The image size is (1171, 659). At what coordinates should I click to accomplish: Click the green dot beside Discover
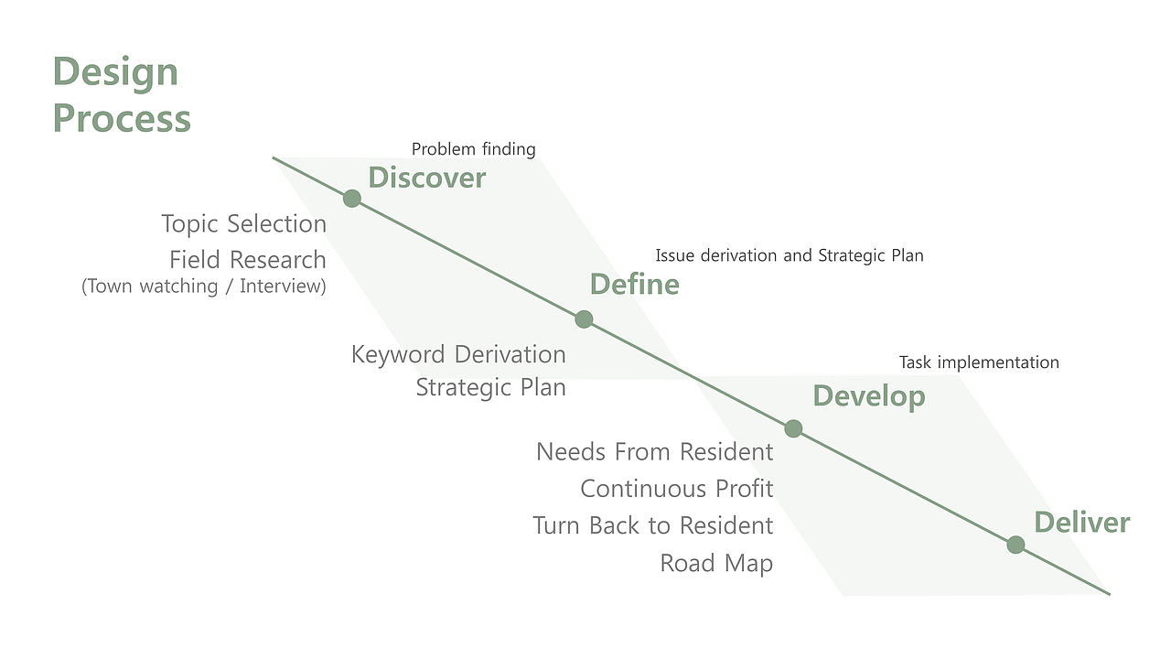click(352, 199)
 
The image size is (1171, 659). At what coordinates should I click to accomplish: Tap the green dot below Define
click(584, 319)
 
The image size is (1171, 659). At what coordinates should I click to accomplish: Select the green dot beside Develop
click(793, 428)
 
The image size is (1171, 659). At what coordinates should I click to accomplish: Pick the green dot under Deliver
click(1015, 545)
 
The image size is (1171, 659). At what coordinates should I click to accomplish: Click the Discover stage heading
click(427, 178)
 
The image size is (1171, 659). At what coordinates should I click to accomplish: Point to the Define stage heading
click(635, 285)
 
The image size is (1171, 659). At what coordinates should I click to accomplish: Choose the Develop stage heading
click(869, 396)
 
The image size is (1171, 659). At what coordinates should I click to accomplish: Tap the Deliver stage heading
click(1082, 523)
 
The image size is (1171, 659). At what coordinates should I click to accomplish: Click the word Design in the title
click(115, 72)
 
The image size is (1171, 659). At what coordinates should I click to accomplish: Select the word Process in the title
click(122, 118)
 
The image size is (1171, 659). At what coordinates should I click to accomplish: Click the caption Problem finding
click(474, 149)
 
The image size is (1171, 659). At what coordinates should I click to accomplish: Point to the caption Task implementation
click(979, 362)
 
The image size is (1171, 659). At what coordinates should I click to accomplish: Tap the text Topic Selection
click(243, 224)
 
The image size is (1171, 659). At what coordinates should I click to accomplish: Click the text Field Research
click(248, 259)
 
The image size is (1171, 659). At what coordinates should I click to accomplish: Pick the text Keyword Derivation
click(458, 354)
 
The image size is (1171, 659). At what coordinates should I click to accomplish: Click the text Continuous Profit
click(676, 489)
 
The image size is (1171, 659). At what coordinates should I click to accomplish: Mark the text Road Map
click(716, 563)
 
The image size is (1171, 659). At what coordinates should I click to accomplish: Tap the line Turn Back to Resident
click(653, 525)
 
